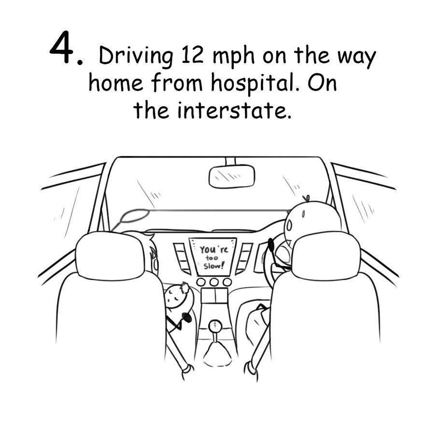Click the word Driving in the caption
[x=136, y=57]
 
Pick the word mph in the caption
[x=234, y=58]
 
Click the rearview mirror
[x=232, y=176]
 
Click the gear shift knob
[x=215, y=325]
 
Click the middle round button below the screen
[x=214, y=282]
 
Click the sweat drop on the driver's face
[x=289, y=225]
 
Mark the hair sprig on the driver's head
[x=307, y=198]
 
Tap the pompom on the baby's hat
[x=185, y=287]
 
